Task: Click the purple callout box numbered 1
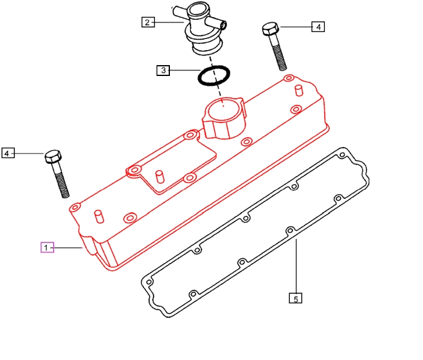(x=47, y=247)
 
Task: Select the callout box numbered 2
(x=148, y=22)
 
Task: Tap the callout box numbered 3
(x=163, y=71)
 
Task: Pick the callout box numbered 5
(x=295, y=298)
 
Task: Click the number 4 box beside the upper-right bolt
(x=318, y=27)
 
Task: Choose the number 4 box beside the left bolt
(x=8, y=153)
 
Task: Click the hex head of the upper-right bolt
(x=271, y=29)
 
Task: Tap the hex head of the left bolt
(x=53, y=157)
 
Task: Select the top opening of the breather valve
(x=198, y=10)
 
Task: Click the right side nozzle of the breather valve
(x=218, y=22)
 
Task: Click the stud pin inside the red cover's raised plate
(x=160, y=177)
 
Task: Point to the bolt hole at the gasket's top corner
(x=342, y=155)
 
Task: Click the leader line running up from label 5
(x=296, y=267)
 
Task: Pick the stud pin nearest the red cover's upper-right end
(x=299, y=90)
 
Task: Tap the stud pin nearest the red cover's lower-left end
(x=99, y=216)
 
